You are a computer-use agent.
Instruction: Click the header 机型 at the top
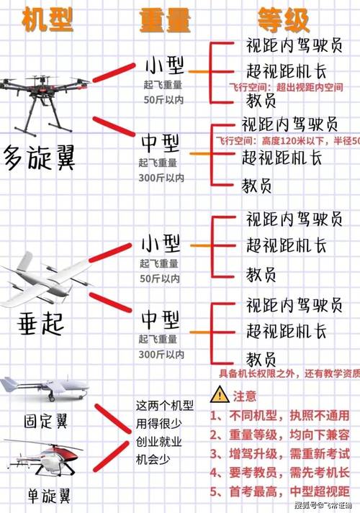pyautogui.click(x=48, y=21)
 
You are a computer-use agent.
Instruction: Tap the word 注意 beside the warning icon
pyautogui.click(x=245, y=395)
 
